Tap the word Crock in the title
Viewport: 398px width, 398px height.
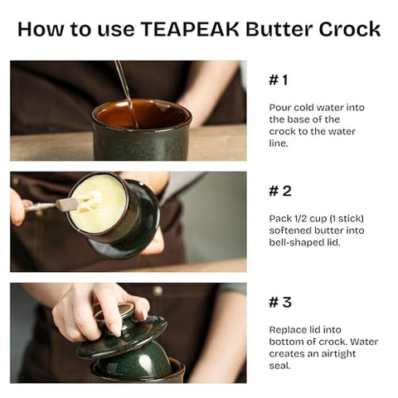point(347,29)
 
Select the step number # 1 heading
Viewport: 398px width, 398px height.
point(279,80)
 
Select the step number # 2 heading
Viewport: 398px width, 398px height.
point(279,191)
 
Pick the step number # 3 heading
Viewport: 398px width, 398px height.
point(279,302)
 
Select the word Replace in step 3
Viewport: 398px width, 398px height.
point(288,329)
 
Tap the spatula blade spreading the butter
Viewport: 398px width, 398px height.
point(67,204)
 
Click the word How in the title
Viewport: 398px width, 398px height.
point(41,29)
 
